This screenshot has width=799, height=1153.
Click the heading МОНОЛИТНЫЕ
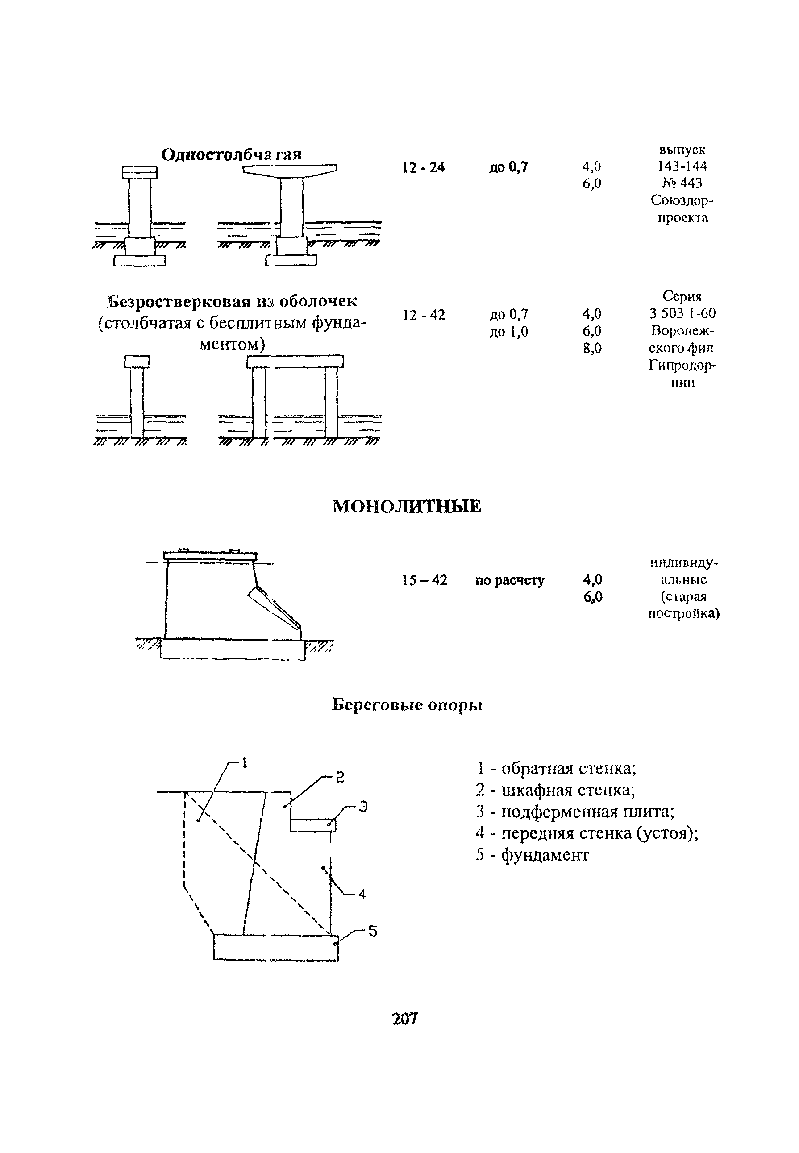[x=407, y=507]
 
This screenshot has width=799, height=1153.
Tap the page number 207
[x=404, y=1018]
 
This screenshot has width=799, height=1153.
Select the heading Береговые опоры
[x=407, y=705]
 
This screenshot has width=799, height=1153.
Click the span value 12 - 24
[x=423, y=167]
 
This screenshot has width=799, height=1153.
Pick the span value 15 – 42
[x=424, y=580]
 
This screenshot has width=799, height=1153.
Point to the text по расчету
[x=509, y=580]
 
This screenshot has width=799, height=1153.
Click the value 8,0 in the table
[x=592, y=348]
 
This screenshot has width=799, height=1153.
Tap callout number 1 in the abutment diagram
[x=245, y=762]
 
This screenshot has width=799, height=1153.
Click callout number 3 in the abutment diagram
[x=364, y=807]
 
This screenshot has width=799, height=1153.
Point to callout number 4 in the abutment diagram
[x=362, y=894]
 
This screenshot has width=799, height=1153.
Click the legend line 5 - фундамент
[x=532, y=855]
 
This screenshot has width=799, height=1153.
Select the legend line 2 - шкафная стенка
[x=555, y=791]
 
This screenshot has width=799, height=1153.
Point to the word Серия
[x=682, y=296]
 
